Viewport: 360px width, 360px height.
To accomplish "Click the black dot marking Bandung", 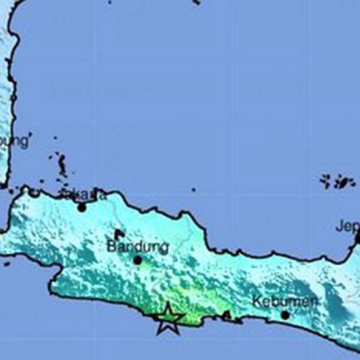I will click(137, 260).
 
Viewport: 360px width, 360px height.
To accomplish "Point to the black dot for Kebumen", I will click(285, 315).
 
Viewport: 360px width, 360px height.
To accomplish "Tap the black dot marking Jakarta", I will click(82, 207).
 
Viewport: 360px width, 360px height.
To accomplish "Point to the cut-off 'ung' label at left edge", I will click(15, 142).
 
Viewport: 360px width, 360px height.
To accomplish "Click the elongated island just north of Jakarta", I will click(61, 164).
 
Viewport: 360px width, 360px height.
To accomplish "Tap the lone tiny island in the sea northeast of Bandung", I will click(193, 190).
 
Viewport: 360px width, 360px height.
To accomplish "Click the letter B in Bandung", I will click(111, 245).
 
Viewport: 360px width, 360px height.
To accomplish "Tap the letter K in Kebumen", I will click(256, 300).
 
